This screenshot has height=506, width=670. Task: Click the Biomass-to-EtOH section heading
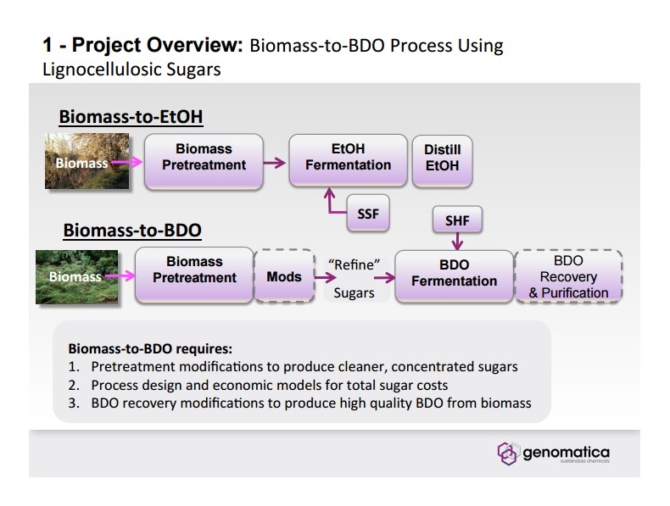pyautogui.click(x=131, y=117)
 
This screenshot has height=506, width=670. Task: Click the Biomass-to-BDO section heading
pyautogui.click(x=131, y=230)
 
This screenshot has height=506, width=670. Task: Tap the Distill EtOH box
pyautogui.click(x=442, y=158)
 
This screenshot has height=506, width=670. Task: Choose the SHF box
pyautogui.click(x=457, y=221)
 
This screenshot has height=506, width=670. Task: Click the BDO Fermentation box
pyautogui.click(x=454, y=274)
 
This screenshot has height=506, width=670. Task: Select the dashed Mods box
pyautogui.click(x=284, y=276)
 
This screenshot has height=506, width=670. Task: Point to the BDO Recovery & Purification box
pyautogui.click(x=568, y=276)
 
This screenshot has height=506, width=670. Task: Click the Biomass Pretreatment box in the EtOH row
pyautogui.click(x=204, y=158)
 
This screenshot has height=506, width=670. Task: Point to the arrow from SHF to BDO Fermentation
pyautogui.click(x=457, y=241)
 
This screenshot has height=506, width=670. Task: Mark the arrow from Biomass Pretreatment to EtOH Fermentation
pyautogui.click(x=273, y=161)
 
